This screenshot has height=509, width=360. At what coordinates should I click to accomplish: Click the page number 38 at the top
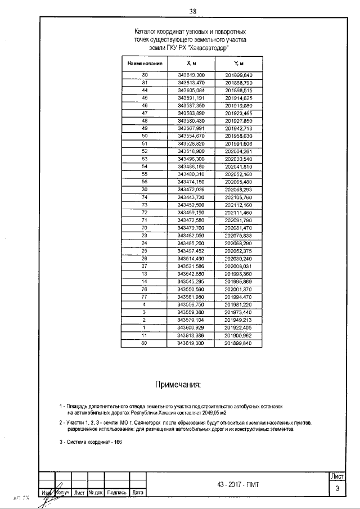pyautogui.click(x=192, y=11)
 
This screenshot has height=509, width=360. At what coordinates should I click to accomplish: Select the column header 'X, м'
pyautogui.click(x=191, y=64)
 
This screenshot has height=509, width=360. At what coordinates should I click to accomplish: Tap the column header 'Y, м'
pyautogui.click(x=238, y=64)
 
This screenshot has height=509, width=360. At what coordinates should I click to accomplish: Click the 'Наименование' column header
pyautogui.click(x=145, y=64)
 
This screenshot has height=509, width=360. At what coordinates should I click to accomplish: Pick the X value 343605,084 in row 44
pyautogui.click(x=191, y=90)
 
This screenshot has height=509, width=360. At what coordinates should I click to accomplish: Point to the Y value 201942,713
pyautogui.click(x=238, y=128)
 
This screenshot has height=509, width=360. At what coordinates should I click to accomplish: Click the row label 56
pyautogui.click(x=145, y=182)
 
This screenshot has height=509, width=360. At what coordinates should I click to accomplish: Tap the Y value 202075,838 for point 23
pyautogui.click(x=238, y=235)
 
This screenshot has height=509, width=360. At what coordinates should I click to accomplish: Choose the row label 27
pyautogui.click(x=145, y=265)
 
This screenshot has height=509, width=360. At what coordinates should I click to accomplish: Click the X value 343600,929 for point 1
pyautogui.click(x=191, y=327)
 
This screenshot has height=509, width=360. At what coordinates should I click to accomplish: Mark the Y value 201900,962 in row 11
pyautogui.click(x=238, y=335)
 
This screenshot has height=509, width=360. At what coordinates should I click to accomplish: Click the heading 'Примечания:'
pyautogui.click(x=177, y=385)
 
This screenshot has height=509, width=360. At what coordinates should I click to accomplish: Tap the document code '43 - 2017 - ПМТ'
pyautogui.click(x=237, y=485)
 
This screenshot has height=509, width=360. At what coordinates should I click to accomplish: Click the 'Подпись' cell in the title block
pyautogui.click(x=116, y=493)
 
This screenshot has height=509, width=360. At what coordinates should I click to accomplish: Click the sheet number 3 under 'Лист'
pyautogui.click(x=337, y=488)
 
